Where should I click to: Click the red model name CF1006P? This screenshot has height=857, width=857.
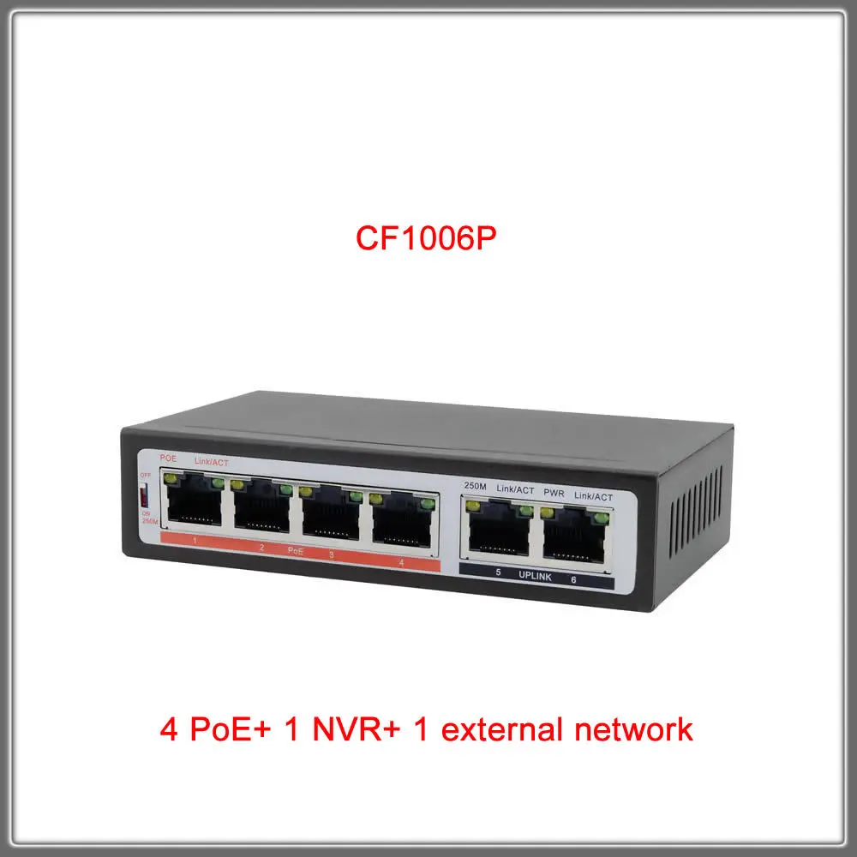point(427,237)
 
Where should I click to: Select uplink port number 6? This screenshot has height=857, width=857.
point(575,535)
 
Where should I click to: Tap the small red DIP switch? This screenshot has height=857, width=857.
point(145,496)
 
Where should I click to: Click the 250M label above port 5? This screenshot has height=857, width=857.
point(475,486)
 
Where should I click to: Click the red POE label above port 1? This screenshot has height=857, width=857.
point(169,458)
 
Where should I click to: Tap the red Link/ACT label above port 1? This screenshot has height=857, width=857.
point(210,462)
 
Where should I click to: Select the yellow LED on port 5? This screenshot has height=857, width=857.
point(470,506)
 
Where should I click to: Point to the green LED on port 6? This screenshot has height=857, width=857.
point(602,517)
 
